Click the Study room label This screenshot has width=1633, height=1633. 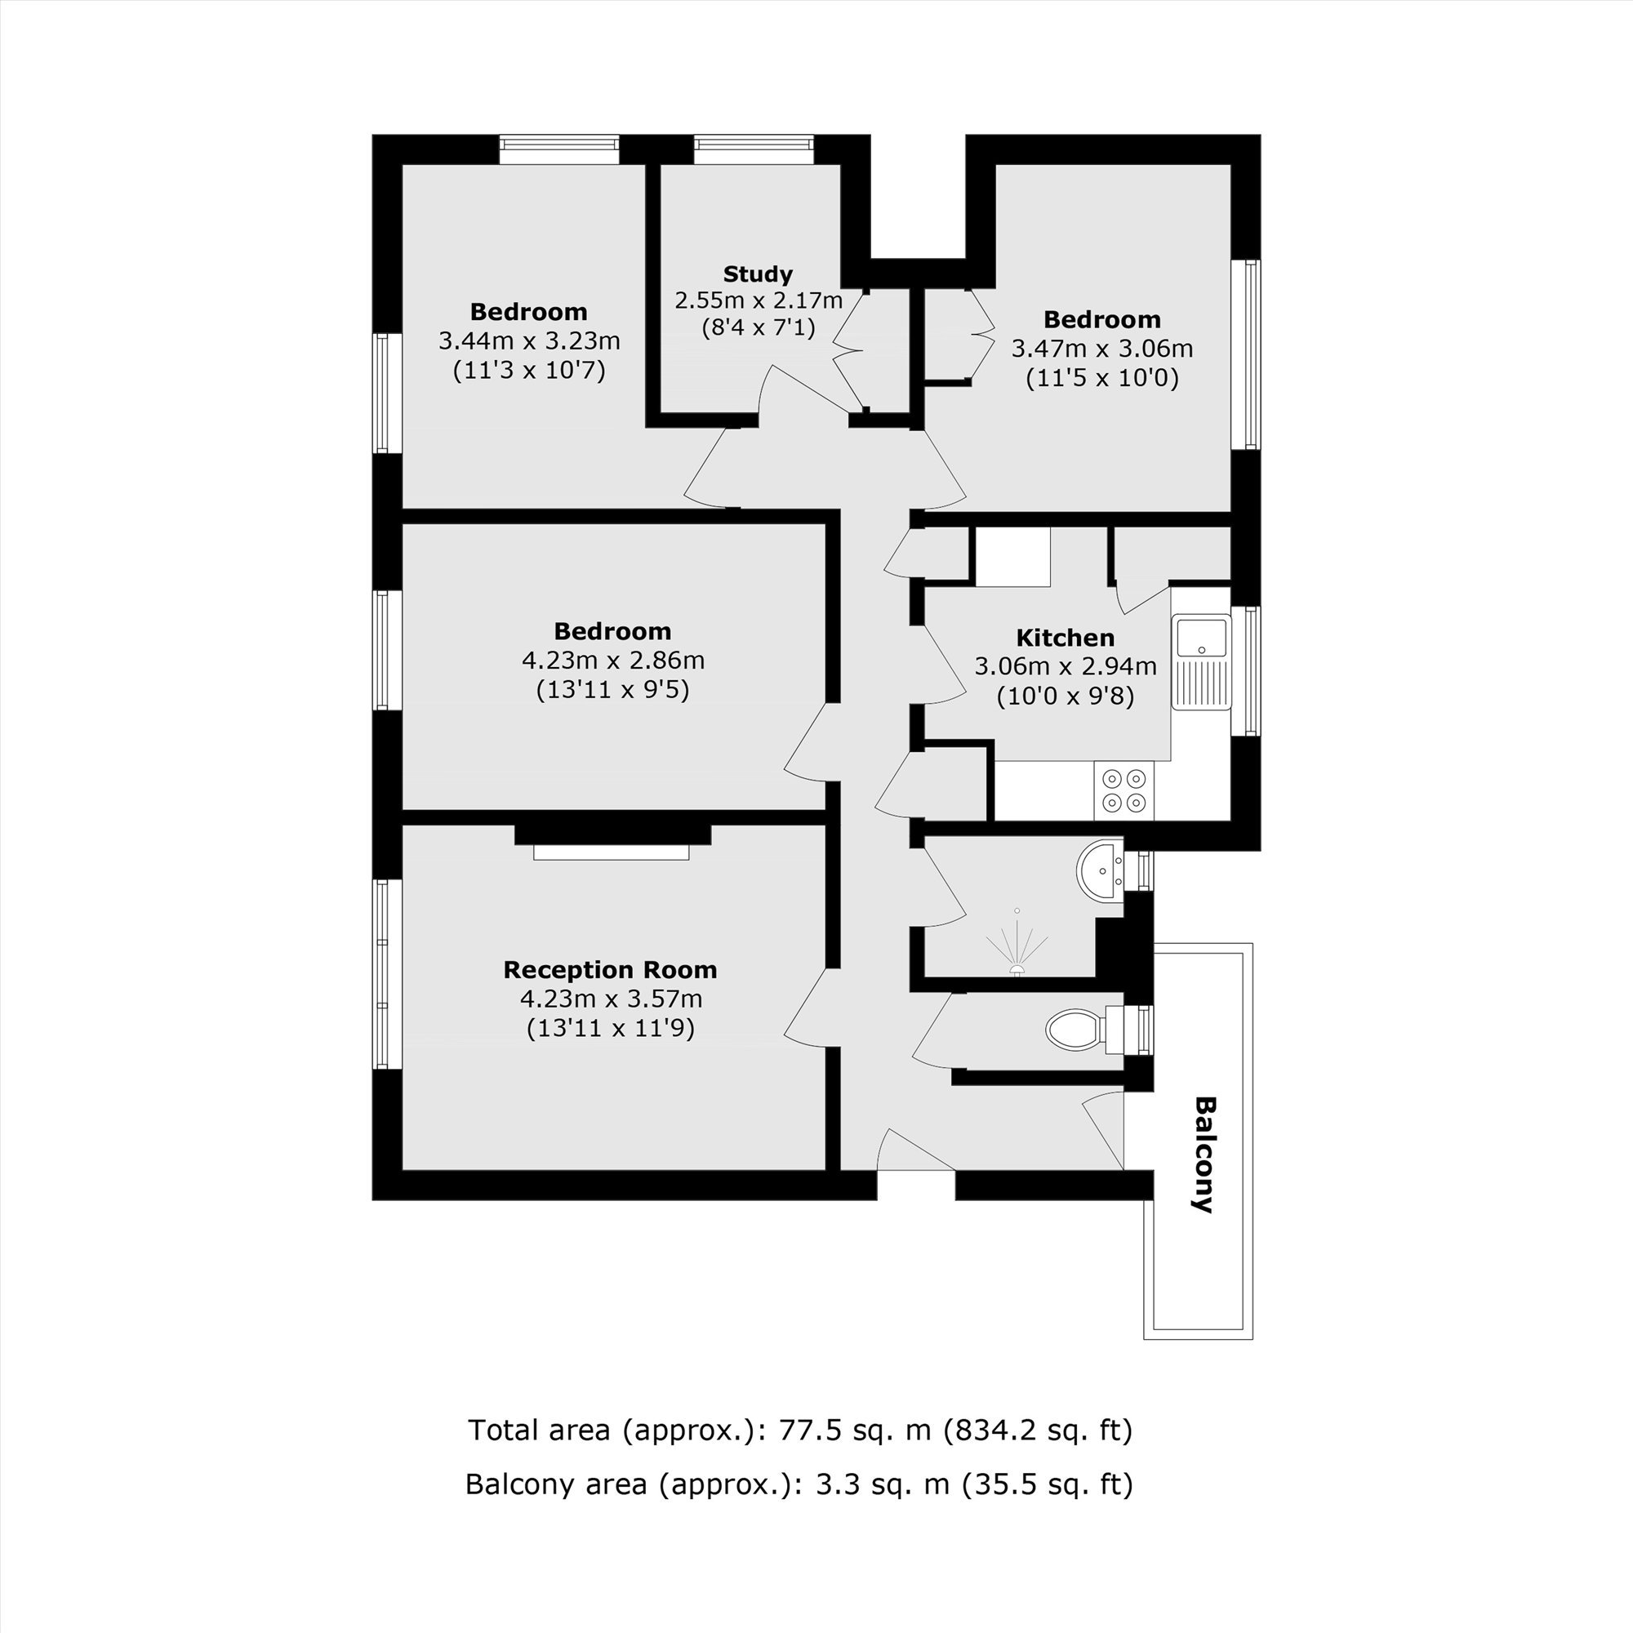click(x=758, y=274)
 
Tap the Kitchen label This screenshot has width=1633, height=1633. click(x=1064, y=638)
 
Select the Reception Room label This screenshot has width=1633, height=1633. click(x=609, y=969)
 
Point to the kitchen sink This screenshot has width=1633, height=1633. click(x=1201, y=662)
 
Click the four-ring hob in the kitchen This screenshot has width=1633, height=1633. click(x=1124, y=790)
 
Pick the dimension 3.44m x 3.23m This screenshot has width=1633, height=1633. click(x=529, y=340)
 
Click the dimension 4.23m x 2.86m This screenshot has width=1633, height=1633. click(x=613, y=660)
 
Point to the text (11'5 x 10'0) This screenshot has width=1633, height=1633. click(x=1101, y=377)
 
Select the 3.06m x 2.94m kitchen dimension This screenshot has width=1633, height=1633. click(x=1065, y=666)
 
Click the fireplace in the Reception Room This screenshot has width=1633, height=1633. click(x=612, y=843)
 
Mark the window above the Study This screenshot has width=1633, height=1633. click(x=754, y=149)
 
